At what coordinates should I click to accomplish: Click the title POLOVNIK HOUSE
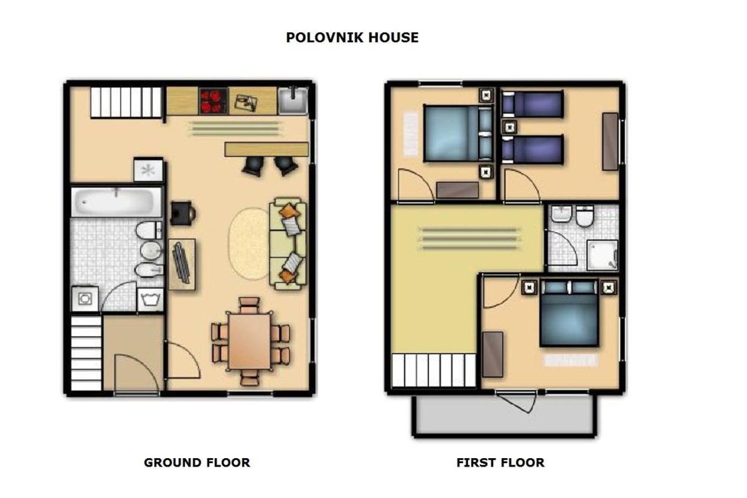tap(352, 37)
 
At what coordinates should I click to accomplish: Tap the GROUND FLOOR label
tap(197, 463)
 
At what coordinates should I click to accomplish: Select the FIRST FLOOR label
tap(500, 463)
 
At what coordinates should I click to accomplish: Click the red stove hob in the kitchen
tap(213, 101)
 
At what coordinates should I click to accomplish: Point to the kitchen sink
tap(293, 100)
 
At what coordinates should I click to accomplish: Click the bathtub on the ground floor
tap(116, 202)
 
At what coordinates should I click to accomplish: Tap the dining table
tap(250, 341)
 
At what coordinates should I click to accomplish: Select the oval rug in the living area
tap(250, 243)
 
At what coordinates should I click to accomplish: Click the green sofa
tap(288, 243)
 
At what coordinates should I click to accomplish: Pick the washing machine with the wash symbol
tap(150, 300)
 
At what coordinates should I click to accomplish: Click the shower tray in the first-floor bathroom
tap(603, 255)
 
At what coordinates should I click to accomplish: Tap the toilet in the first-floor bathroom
tap(585, 216)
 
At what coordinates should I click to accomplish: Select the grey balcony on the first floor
tap(504, 415)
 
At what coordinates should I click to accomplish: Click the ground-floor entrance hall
tap(133, 352)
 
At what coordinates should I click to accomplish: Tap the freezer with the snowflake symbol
tap(148, 170)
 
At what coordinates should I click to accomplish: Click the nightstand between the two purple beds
tap(509, 127)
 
